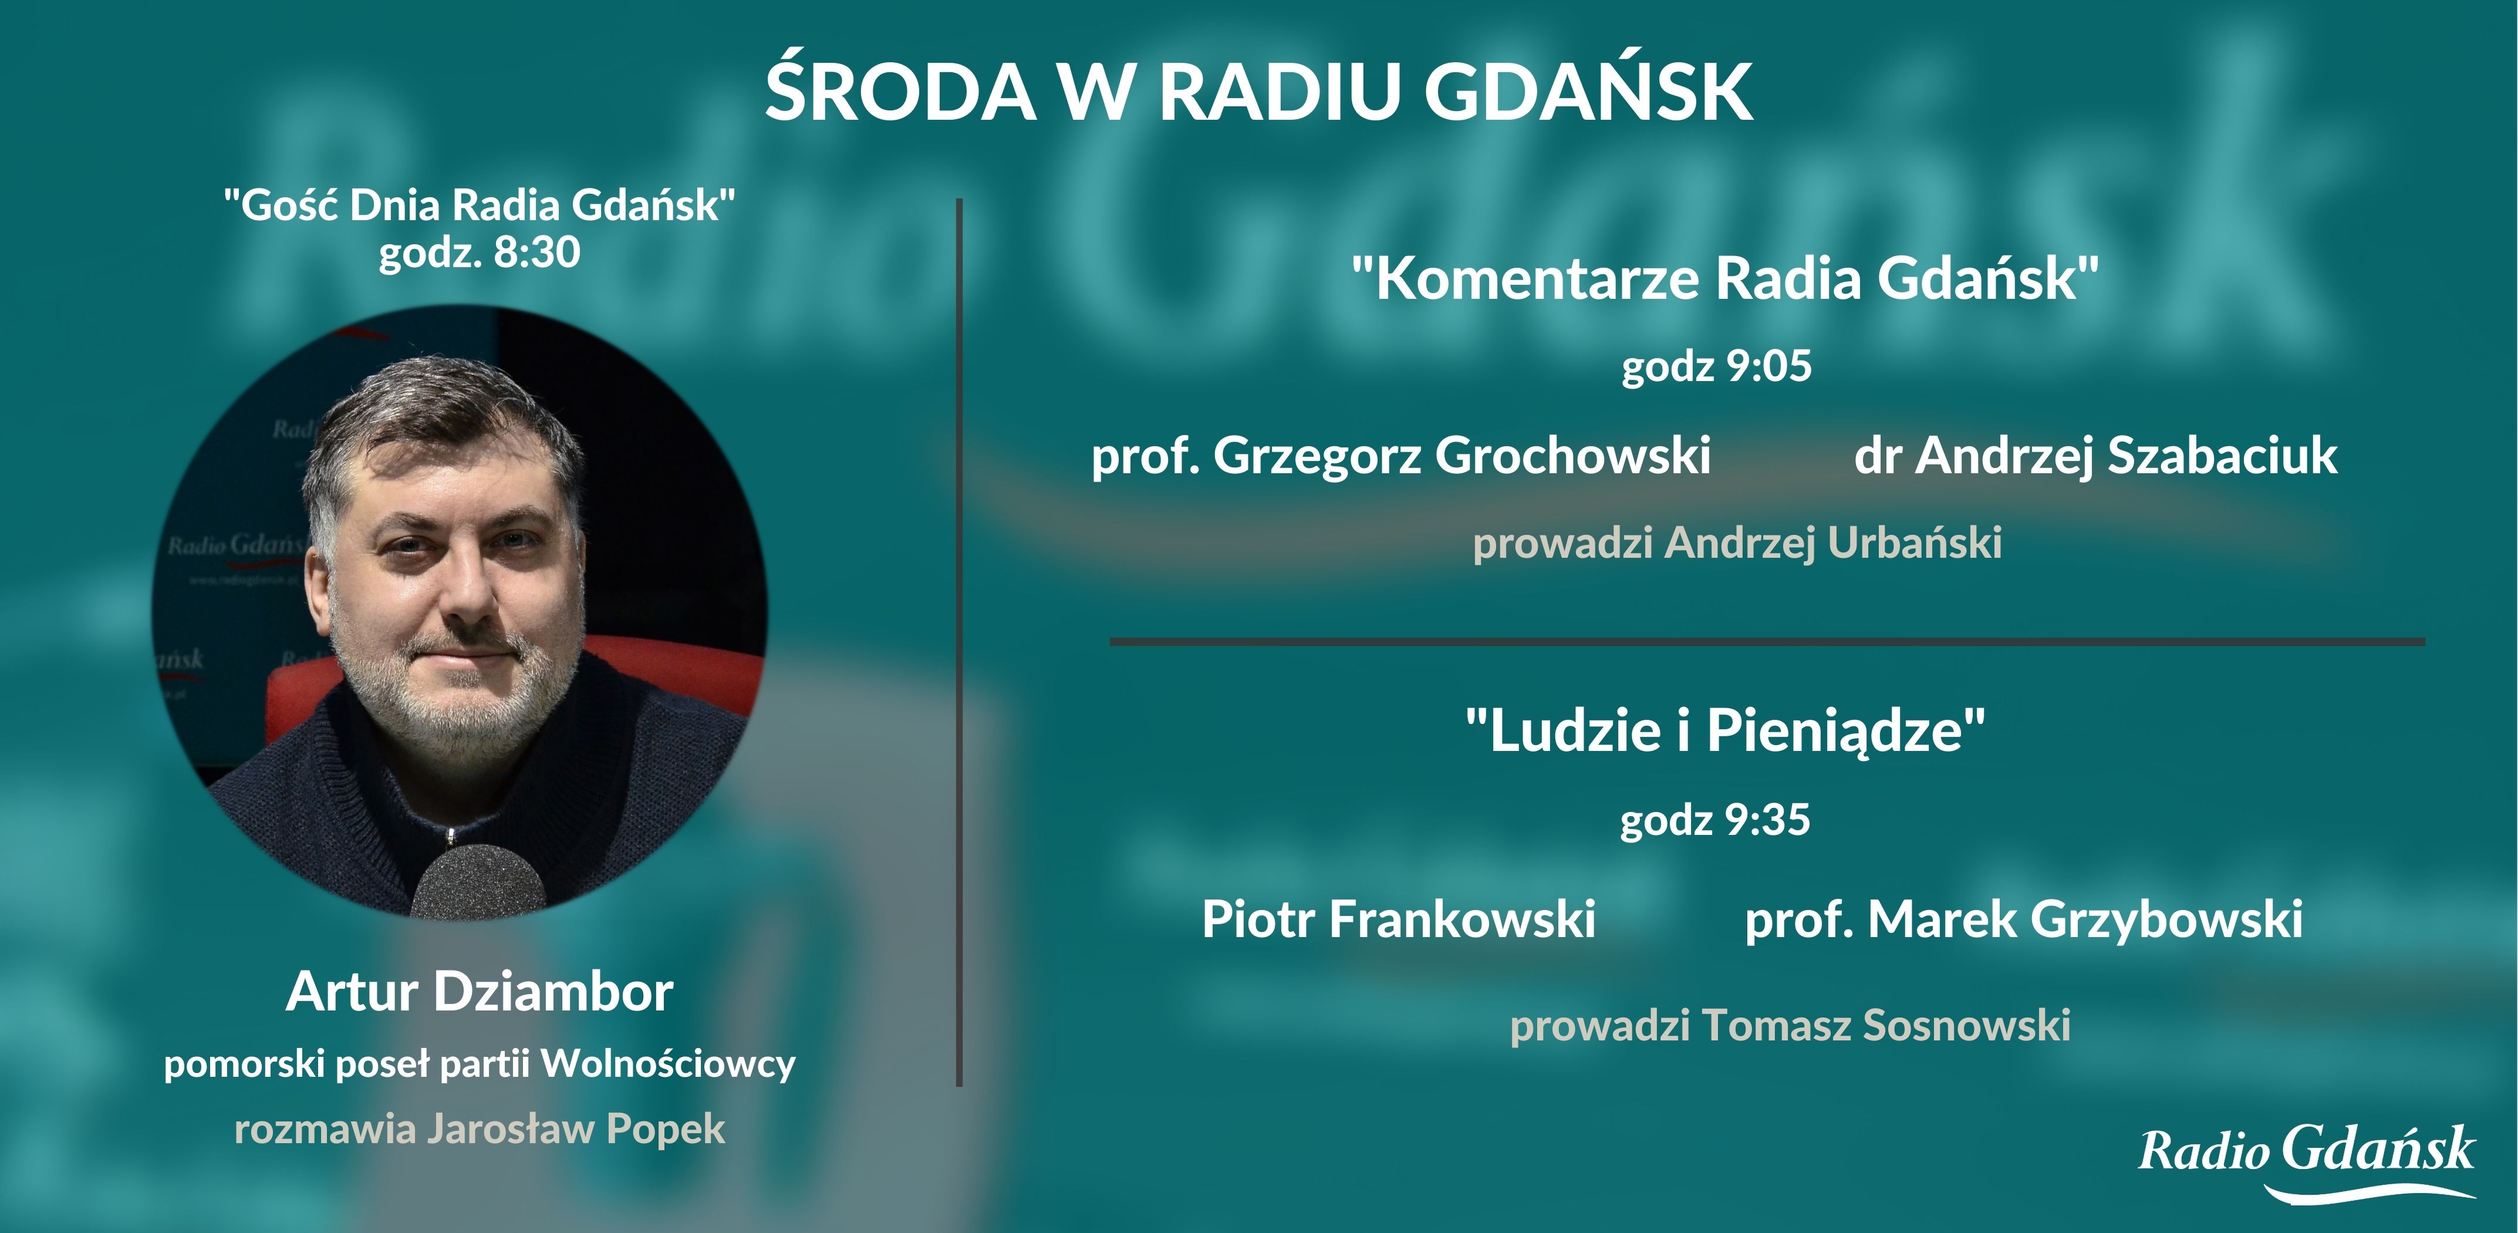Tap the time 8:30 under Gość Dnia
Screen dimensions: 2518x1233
tap(536, 252)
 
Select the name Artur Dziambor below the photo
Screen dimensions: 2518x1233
tap(479, 992)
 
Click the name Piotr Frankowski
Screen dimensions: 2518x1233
tap(1399, 919)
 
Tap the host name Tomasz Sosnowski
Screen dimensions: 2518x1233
tap(1886, 1025)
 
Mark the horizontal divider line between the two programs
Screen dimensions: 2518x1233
tap(1767, 641)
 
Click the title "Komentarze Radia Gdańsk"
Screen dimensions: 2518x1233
tap(1725, 279)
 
